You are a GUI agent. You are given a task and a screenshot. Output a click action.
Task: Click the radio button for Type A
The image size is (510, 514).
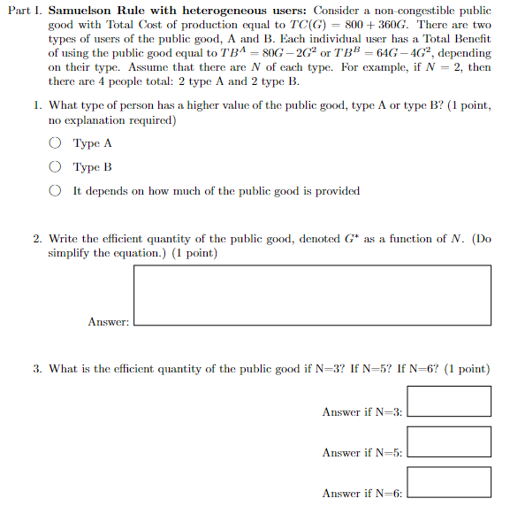click(55, 143)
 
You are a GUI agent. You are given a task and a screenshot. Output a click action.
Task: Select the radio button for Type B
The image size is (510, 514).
click(55, 166)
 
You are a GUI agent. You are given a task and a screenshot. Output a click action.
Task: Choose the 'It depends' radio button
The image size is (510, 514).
click(55, 190)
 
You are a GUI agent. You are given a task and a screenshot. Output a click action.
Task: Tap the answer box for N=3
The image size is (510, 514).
click(450, 401)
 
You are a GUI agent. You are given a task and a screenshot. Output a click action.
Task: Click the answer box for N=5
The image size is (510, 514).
click(450, 441)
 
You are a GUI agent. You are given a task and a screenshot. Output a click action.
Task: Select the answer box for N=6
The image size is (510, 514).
click(450, 482)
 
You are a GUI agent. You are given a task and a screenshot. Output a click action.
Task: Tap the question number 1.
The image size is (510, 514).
click(38, 105)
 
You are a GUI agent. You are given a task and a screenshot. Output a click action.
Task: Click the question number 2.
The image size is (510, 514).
click(38, 239)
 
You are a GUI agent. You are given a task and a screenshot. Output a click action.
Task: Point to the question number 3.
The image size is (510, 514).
click(38, 369)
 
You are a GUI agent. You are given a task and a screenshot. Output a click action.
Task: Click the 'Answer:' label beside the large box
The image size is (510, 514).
click(109, 322)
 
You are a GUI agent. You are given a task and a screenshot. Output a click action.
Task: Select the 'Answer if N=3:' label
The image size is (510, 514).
click(362, 412)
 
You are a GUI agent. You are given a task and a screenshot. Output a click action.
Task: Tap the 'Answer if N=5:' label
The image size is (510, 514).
click(362, 453)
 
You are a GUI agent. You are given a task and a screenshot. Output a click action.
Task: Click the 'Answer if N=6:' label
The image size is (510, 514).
click(362, 494)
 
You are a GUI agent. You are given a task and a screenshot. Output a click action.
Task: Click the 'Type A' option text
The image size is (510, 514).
click(93, 143)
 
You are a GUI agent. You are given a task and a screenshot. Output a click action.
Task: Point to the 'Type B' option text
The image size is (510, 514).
click(93, 167)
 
